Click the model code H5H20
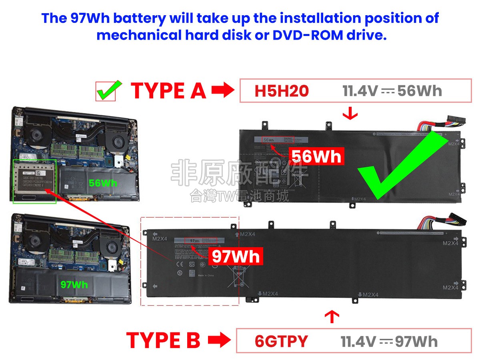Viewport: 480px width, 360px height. (x=282, y=91)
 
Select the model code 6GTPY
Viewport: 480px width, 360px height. (x=281, y=342)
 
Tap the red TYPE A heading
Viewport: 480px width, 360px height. (x=168, y=91)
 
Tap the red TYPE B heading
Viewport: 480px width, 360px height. (x=163, y=341)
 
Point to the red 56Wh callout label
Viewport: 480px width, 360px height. (x=316, y=156)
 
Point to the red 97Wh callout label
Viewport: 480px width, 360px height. (x=236, y=256)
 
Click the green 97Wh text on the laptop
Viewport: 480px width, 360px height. (x=74, y=285)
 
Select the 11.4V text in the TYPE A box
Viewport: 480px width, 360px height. (x=360, y=91)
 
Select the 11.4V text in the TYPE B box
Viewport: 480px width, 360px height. (x=358, y=342)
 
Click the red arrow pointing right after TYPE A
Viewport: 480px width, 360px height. (x=222, y=91)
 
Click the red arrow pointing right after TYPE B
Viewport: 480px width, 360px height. (x=219, y=341)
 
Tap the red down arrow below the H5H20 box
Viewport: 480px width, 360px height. (x=350, y=114)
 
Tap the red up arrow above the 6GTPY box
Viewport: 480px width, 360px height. (x=332, y=317)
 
